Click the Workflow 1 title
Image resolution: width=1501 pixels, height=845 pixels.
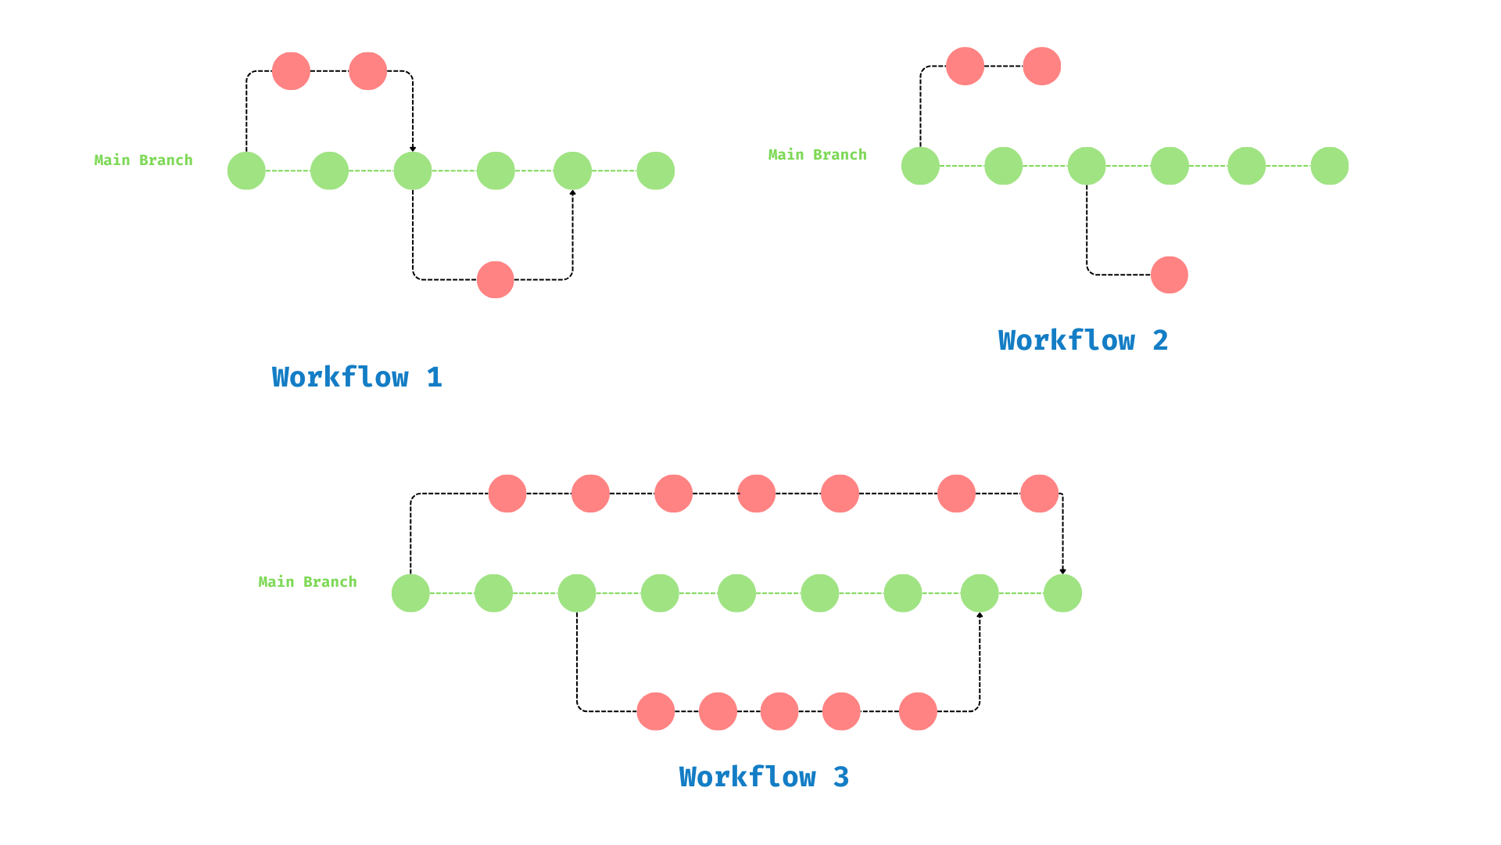[x=356, y=377]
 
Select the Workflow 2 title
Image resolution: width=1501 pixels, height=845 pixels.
[x=1083, y=340]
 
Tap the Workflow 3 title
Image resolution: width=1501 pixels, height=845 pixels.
[x=764, y=777]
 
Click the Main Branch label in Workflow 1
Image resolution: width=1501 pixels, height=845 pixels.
[x=143, y=160]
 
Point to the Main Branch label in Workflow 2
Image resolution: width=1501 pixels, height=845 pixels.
[x=817, y=154]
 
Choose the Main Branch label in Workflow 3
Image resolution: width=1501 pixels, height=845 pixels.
[x=307, y=581]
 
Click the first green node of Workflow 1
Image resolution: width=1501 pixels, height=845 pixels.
[x=246, y=171]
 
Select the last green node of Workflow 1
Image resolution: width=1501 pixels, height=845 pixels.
[x=655, y=171]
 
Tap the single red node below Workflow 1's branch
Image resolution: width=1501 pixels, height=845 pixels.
[x=496, y=279]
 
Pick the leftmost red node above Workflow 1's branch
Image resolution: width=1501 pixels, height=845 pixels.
[x=291, y=71]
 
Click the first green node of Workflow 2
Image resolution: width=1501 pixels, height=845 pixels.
[x=920, y=166]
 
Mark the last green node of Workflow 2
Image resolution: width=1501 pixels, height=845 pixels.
[x=1329, y=166]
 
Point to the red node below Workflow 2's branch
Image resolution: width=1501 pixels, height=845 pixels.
[x=1170, y=275]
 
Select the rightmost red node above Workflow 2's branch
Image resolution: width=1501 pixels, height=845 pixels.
[x=1041, y=66]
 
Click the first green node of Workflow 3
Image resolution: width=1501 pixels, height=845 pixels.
[x=410, y=593]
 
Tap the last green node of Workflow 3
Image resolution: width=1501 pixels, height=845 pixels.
[x=1062, y=593]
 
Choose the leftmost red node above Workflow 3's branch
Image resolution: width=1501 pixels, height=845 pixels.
[x=507, y=494]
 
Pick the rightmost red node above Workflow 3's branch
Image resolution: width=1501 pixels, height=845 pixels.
[x=1039, y=494]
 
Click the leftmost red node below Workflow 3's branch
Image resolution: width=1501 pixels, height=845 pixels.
[x=655, y=711]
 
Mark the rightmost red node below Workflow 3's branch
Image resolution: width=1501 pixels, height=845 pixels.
[x=918, y=711]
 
